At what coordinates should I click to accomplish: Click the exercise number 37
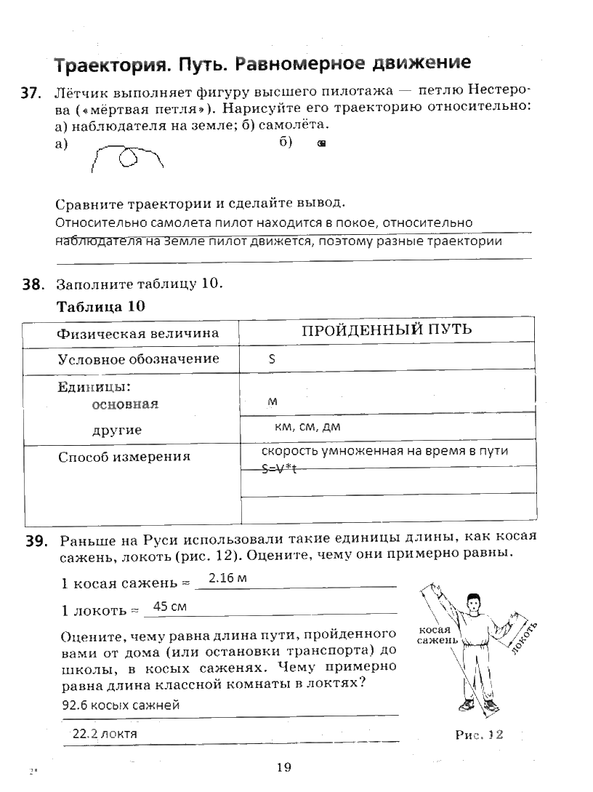point(28,94)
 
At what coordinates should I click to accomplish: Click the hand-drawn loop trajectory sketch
point(126,156)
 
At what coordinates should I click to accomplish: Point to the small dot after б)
point(320,144)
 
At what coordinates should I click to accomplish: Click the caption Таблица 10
point(101,306)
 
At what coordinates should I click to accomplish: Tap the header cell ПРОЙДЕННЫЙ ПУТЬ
point(387,329)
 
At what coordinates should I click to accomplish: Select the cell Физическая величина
point(138,333)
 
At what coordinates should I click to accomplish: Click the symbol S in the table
point(272,359)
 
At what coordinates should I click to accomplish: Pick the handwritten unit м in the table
point(273,401)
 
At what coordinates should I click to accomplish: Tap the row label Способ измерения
point(124,457)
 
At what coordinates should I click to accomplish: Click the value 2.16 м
point(228,579)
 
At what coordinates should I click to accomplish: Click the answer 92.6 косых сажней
point(121,705)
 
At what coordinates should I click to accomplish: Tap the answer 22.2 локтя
point(105,734)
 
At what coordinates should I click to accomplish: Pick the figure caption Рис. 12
point(478,735)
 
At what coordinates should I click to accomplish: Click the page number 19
point(283,767)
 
